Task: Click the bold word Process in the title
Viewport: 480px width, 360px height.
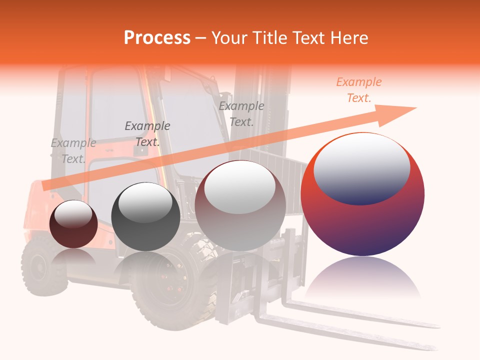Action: coord(157,38)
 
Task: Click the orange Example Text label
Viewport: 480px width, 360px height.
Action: coord(358,90)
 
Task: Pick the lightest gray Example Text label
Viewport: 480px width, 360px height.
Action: coord(73,151)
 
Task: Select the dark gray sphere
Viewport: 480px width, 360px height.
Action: coord(145,217)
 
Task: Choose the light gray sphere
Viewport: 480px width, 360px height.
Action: coord(240,206)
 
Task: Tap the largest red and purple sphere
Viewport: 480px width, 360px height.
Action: coord(362,220)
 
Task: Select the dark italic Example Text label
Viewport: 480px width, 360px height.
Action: coord(147,134)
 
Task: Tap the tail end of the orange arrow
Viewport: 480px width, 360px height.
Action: coord(46,186)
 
